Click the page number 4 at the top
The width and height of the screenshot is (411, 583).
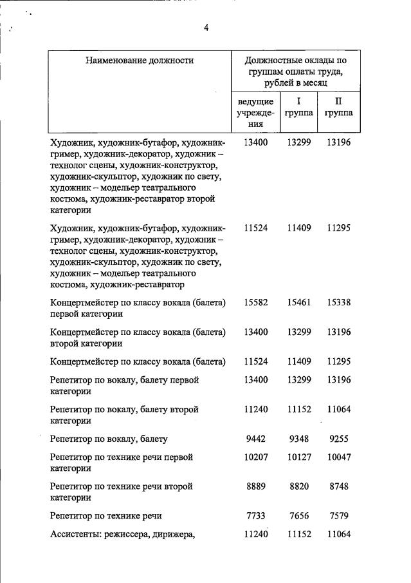[x=206, y=28]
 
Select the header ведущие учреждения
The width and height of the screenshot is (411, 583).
[x=256, y=113]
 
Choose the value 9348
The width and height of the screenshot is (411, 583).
[x=299, y=439]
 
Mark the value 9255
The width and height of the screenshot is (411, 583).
[x=339, y=439]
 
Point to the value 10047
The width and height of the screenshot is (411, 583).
[x=339, y=457]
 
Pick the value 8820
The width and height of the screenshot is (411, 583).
[x=299, y=486]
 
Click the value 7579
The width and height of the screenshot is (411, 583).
[x=339, y=515]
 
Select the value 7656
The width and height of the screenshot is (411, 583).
[x=299, y=515]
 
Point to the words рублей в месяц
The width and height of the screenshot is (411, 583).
[x=295, y=84]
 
